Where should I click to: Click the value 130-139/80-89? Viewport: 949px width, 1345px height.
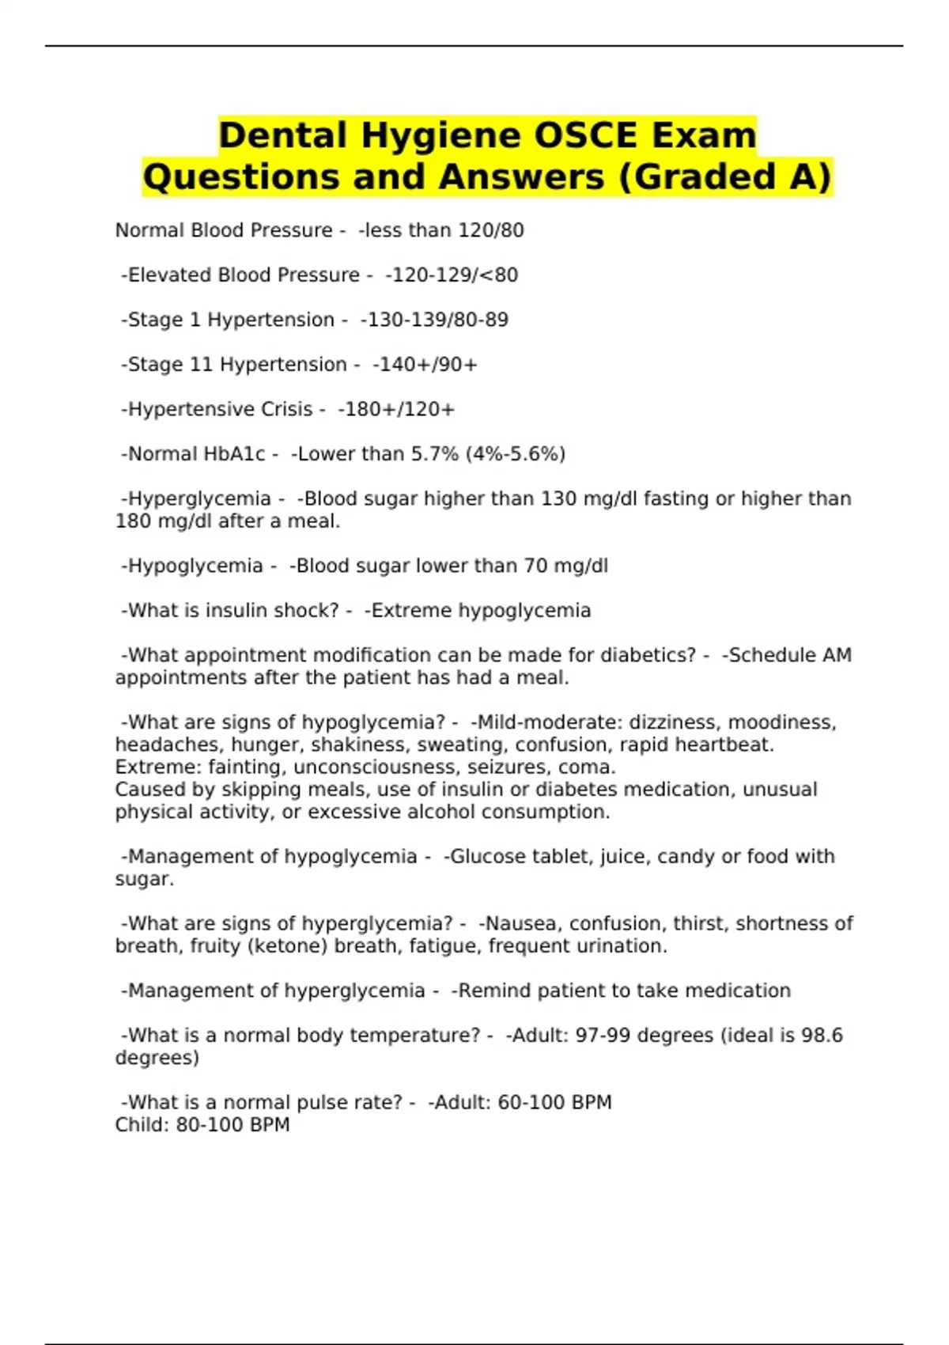(434, 320)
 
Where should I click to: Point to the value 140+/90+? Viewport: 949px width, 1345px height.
(425, 365)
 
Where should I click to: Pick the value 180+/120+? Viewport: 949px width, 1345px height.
(396, 409)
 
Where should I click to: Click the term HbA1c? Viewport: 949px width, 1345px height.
(234, 454)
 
